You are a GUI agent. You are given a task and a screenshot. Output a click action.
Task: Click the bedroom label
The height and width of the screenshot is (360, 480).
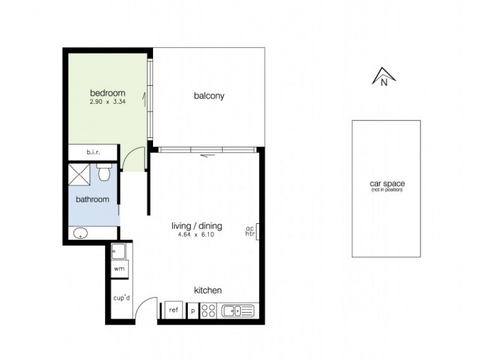[107, 93]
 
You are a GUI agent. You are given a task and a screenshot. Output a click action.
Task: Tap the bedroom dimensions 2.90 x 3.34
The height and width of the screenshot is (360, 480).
[107, 102]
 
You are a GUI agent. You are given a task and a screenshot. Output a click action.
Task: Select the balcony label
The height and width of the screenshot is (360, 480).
[209, 95]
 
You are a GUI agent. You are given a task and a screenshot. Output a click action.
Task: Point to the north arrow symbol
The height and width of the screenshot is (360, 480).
[383, 77]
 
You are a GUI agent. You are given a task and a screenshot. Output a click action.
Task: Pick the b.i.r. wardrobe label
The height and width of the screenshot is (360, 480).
[93, 153]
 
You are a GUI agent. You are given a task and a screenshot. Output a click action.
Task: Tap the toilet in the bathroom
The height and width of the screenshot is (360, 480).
[104, 172]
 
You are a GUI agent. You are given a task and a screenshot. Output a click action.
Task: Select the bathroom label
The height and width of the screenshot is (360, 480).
[92, 199]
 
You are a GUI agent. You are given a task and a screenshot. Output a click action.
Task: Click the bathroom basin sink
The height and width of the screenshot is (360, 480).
[79, 233]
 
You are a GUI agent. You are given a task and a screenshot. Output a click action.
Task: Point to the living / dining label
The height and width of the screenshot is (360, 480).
[197, 226]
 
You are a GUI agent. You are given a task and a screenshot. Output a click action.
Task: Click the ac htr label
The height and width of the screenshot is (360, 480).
[250, 231]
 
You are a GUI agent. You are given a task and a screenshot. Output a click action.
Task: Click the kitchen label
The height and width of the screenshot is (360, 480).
[208, 290]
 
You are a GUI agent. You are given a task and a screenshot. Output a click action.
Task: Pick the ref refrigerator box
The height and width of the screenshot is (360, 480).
[173, 310]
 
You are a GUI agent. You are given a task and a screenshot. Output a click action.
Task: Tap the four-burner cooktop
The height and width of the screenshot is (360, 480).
[208, 310]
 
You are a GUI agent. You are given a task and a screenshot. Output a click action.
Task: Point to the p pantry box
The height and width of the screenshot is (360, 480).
[193, 310]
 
